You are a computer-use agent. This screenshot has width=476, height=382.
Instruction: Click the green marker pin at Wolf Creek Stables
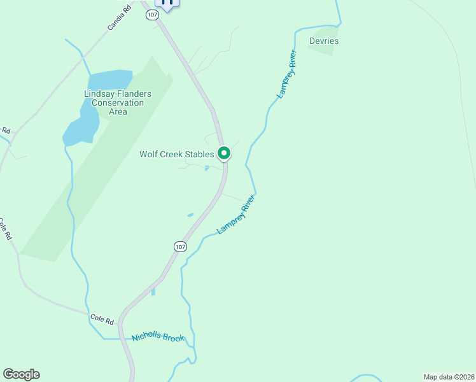tap(224, 153)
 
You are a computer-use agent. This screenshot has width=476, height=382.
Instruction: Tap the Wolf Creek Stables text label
tap(176, 154)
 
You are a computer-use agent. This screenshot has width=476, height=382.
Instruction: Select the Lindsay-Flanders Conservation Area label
tap(118, 103)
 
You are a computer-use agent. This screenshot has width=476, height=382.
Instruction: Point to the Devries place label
tap(323, 41)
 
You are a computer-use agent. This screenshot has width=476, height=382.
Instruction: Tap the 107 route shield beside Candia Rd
tap(151, 15)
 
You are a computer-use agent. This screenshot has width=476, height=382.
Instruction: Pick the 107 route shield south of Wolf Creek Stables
tap(180, 246)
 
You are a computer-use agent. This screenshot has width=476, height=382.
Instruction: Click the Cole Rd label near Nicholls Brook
tap(101, 318)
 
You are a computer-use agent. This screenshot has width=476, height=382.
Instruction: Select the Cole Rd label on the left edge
tap(5, 229)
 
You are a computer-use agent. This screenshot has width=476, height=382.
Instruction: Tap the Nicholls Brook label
tap(157, 337)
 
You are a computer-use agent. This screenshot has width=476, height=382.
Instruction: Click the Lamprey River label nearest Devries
tap(287, 74)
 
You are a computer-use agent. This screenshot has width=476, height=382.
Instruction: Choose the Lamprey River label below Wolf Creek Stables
tap(235, 218)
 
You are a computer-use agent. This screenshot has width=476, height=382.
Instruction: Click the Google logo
tap(21, 374)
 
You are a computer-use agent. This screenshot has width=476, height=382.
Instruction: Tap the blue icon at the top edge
tap(168, 3)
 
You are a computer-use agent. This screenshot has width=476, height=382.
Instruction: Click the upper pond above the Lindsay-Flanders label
tap(109, 80)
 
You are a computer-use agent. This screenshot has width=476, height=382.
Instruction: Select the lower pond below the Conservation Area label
tap(81, 127)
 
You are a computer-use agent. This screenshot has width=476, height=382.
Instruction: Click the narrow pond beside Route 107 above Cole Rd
tap(153, 292)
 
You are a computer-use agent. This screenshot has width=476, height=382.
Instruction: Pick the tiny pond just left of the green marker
tap(206, 169)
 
